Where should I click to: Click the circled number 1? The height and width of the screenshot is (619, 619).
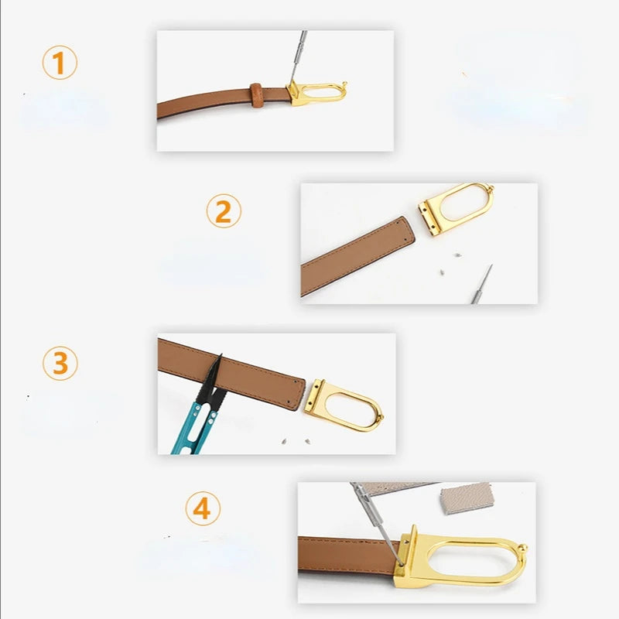click(60, 63)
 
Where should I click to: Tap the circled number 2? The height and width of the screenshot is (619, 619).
click(224, 210)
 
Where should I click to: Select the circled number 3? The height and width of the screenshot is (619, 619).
click(60, 364)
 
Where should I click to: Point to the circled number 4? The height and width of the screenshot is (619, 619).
click(203, 508)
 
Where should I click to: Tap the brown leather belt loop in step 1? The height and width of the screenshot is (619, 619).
click(257, 95)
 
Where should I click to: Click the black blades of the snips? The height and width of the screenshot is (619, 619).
click(212, 380)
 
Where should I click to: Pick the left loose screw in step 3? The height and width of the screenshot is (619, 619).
click(283, 440)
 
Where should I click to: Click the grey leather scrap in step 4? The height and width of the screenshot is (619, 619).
click(467, 498)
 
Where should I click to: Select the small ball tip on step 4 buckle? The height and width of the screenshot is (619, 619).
click(523, 549)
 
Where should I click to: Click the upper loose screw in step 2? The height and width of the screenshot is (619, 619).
click(457, 255)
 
